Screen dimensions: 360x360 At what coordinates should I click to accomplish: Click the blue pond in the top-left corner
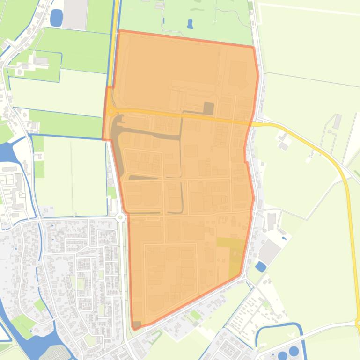pos(56,17)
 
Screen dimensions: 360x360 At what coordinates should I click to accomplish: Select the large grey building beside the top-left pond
pos(75,14)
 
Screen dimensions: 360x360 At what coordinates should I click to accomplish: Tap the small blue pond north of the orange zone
pos(190,23)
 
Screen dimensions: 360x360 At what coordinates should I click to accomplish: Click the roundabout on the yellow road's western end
pos(111,111)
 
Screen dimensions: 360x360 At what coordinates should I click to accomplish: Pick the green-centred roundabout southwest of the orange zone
pos(120,217)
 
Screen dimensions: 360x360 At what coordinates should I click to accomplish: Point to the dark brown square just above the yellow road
pos(208,108)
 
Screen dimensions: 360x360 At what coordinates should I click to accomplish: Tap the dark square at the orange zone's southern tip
pos(137,324)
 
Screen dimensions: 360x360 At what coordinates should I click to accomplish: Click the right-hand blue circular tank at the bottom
pos(294,351)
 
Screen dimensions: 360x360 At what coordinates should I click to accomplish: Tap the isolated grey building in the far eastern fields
pos(337,121)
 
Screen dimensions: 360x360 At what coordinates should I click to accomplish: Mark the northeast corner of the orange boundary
pos(254,47)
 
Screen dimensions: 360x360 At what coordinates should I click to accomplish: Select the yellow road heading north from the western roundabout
pos(114,47)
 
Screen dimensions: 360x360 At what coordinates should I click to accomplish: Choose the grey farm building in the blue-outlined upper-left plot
pos(41,61)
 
